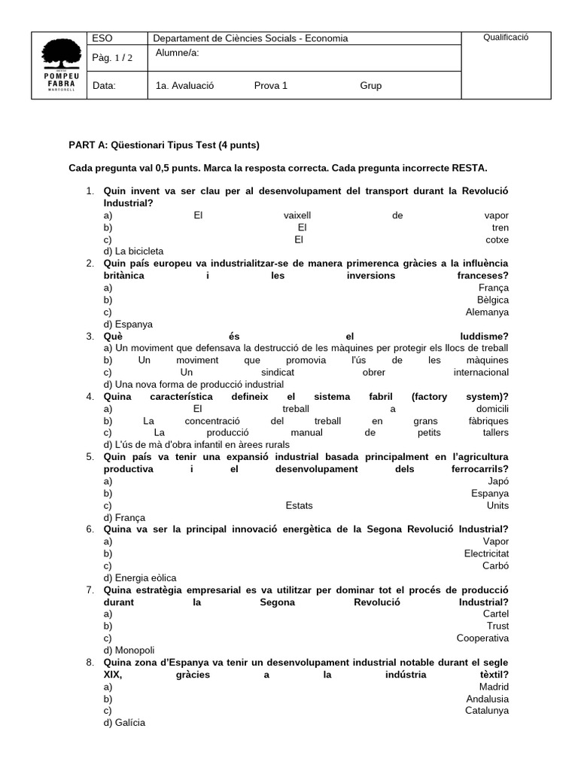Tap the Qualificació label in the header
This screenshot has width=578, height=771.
pyautogui.click(x=506, y=38)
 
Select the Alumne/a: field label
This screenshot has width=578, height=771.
pyautogui.click(x=178, y=53)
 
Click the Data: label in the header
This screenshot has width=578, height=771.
pyautogui.click(x=104, y=86)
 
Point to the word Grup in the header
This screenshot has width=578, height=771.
pyautogui.click(x=370, y=86)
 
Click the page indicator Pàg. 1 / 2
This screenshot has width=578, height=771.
pyautogui.click(x=111, y=58)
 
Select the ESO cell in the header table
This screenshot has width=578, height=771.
pyautogui.click(x=101, y=38)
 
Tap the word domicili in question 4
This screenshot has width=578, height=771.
pyautogui.click(x=492, y=409)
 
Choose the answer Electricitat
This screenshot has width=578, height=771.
pyautogui.click(x=486, y=553)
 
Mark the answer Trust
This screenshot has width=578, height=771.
pyautogui.click(x=497, y=626)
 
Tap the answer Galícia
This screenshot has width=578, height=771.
pyautogui.click(x=129, y=723)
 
